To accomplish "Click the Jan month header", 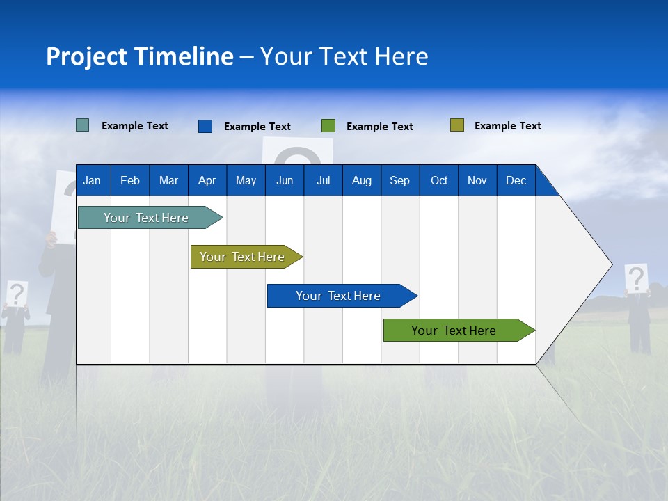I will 92,180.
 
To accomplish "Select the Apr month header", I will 207,180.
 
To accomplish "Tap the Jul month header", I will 323,180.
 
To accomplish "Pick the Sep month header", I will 399,180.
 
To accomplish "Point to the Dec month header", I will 516,180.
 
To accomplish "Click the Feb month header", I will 130,180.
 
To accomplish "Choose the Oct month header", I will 439,180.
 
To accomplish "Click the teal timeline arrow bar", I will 146,218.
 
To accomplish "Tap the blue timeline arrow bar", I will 338,296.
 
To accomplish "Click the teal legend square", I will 82,125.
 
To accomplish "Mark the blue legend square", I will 205,126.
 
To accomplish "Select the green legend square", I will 328,126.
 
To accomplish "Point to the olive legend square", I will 456,125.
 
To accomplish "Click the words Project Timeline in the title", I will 140,56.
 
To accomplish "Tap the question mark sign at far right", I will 636,278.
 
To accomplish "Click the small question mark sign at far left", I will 17,294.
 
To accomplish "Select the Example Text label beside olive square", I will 507,126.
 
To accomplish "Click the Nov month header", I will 477,180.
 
